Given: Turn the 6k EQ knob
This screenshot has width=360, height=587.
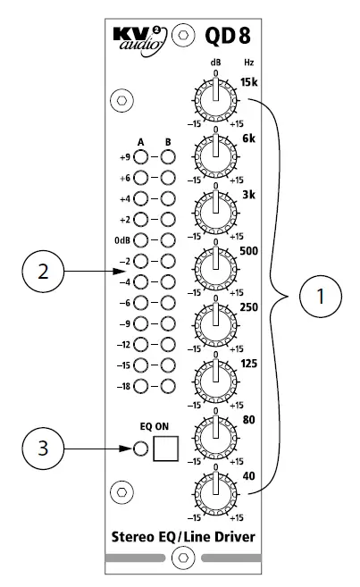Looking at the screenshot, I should (x=215, y=157).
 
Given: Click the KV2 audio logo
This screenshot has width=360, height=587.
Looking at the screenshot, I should (x=137, y=38).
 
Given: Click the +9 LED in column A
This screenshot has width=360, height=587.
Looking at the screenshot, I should (x=141, y=158).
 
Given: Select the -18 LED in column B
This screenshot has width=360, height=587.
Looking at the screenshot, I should (x=166, y=385).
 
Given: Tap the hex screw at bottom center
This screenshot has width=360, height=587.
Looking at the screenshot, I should (x=182, y=558).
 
